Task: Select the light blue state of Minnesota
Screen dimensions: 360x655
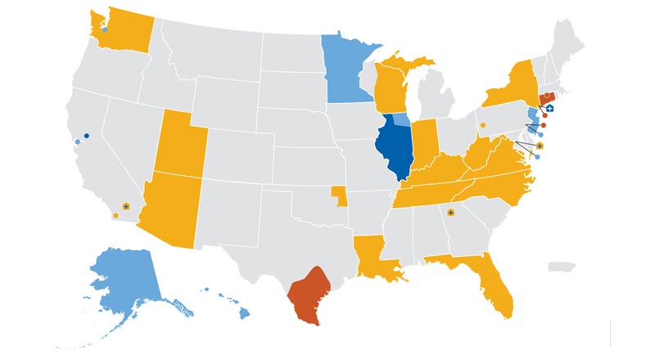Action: (x=344, y=70)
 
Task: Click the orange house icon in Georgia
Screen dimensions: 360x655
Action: (x=450, y=214)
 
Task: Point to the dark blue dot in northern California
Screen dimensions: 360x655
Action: (x=86, y=135)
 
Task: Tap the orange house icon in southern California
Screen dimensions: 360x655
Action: (x=125, y=206)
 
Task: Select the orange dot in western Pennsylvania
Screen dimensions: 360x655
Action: (x=482, y=125)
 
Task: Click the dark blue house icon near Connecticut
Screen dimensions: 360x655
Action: (x=550, y=107)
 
